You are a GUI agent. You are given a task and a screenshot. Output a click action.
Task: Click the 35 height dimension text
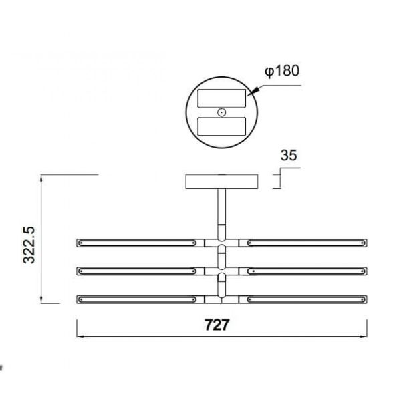click(289, 156)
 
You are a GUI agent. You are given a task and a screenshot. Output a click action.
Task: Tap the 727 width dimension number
click(217, 325)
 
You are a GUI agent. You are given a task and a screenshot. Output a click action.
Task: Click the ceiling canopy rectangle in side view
click(221, 182)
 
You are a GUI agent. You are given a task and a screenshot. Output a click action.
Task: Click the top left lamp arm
click(137, 241)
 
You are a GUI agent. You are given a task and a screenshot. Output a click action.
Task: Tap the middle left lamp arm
click(137, 271)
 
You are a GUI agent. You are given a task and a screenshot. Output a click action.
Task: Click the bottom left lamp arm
click(137, 299)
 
